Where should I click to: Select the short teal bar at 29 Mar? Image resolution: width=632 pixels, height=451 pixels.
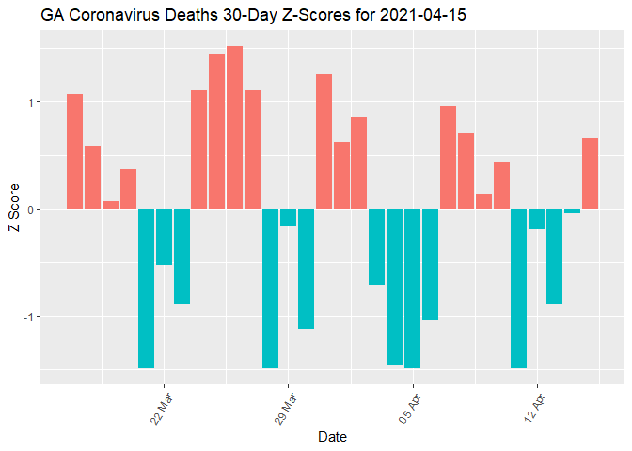(x=288, y=217)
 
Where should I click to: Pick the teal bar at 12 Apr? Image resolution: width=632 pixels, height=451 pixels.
(x=537, y=219)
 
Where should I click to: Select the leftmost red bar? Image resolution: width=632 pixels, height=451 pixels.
(x=74, y=151)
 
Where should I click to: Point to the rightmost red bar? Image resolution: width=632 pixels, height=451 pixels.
(x=591, y=173)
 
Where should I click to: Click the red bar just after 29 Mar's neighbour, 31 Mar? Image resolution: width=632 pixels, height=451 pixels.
(x=324, y=141)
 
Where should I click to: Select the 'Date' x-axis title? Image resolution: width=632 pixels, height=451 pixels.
(x=332, y=437)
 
